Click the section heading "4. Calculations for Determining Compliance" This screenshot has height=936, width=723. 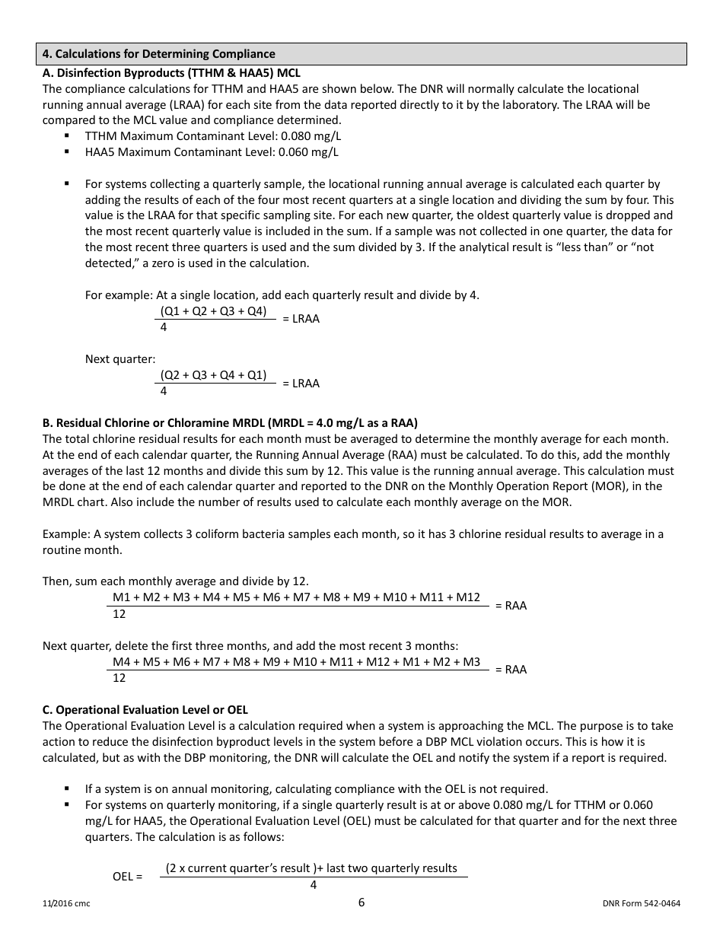pos(159,54)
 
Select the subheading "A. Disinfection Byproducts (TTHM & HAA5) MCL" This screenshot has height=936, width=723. pos(171,73)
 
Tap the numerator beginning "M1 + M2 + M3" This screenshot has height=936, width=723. pos(296,597)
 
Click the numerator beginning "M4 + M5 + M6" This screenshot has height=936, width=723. pos(296,661)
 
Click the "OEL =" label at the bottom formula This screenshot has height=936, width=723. pos(128,876)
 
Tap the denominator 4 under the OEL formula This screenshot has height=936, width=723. pos(313,885)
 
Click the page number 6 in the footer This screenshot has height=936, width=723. pos(361,903)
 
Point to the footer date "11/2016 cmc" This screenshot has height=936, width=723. pos(66,904)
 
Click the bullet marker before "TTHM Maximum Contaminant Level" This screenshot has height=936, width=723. pos(67,135)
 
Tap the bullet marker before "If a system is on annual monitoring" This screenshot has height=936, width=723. pos(67,788)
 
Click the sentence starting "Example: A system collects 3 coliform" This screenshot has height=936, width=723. pos(352,534)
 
